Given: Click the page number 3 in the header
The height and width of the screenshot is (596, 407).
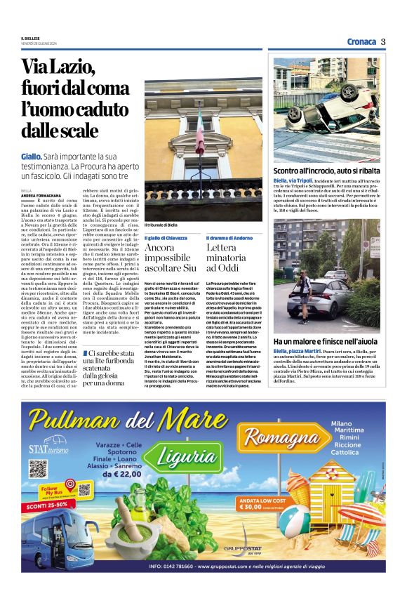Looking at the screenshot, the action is (x=384, y=41).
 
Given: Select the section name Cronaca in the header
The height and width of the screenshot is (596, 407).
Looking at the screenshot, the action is (x=361, y=41).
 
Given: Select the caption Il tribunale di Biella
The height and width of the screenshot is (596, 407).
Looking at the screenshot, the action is (x=161, y=225).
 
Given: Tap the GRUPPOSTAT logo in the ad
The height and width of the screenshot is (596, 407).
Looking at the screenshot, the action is (x=242, y=547).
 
